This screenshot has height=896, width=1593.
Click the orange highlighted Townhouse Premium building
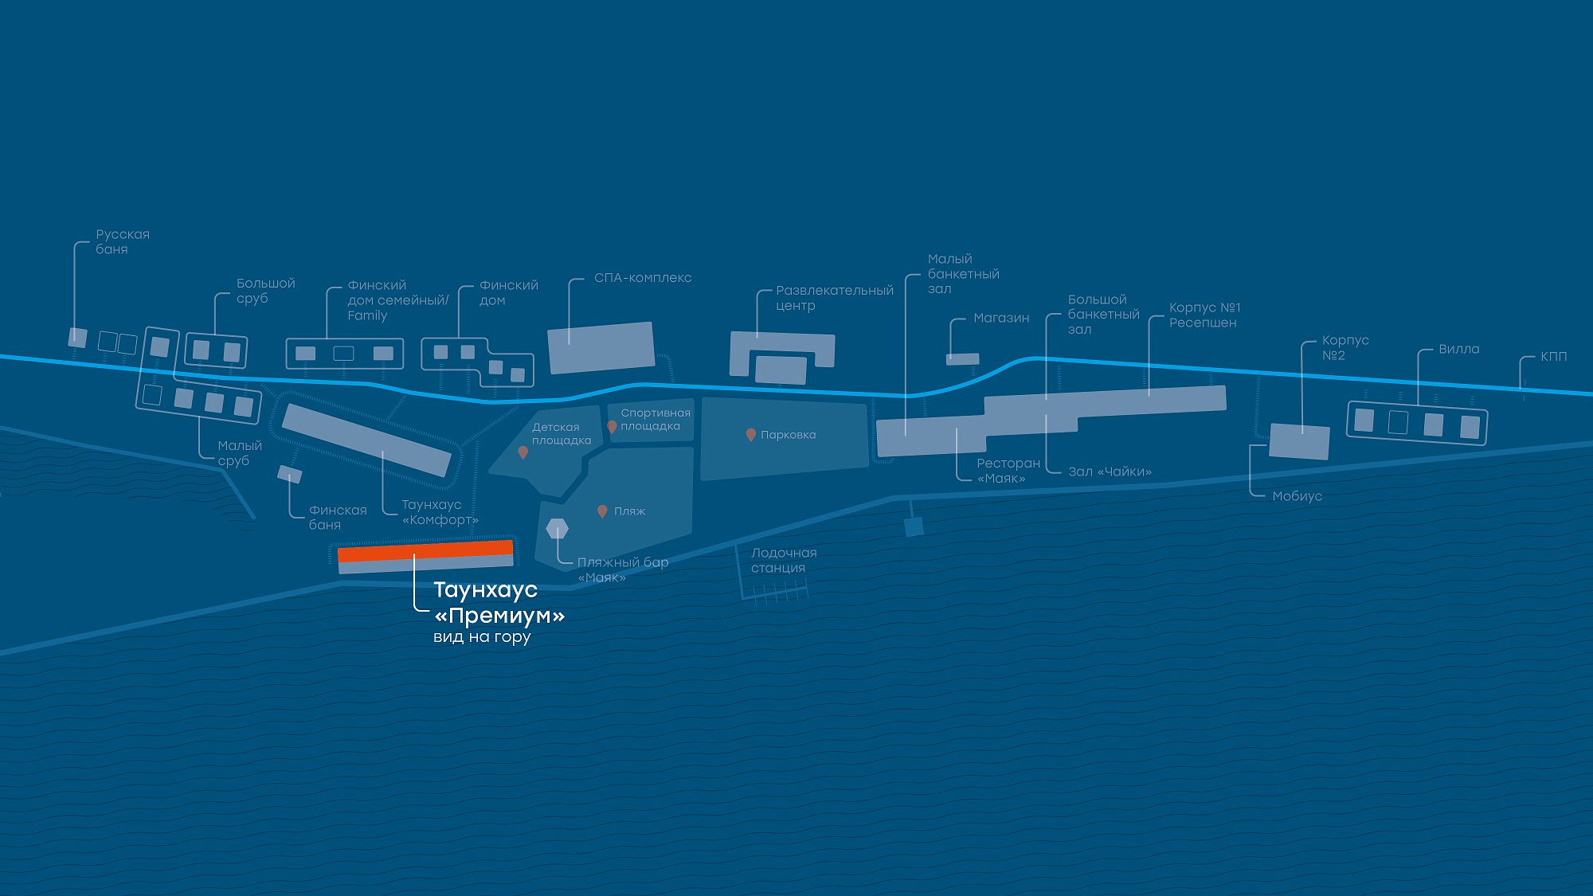tap(425, 551)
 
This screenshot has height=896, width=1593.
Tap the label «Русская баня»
tap(123, 241)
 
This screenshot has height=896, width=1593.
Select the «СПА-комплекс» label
tap(643, 278)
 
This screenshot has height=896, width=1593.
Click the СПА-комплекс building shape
tap(601, 347)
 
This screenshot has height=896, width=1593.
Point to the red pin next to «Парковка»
tap(750, 435)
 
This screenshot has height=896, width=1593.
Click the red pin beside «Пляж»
tap(602, 511)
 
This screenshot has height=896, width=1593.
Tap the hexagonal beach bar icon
tap(558, 528)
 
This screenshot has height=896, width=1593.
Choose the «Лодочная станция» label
tap(784, 560)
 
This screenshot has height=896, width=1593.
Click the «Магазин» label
tap(1001, 318)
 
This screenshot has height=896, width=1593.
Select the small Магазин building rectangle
tap(962, 359)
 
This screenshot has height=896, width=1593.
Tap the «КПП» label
tap(1553, 356)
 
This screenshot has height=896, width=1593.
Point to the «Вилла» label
tap(1458, 349)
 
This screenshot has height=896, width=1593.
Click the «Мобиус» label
tap(1297, 496)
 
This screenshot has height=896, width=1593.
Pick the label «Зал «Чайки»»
tap(1110, 471)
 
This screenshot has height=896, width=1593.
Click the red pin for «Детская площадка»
tap(523, 452)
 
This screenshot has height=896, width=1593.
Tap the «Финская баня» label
tap(338, 517)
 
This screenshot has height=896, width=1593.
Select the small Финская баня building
tap(290, 475)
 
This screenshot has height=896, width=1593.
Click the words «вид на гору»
tap(482, 637)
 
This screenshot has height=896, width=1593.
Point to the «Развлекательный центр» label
tap(834, 298)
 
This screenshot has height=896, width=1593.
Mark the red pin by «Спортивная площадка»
tap(612, 427)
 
